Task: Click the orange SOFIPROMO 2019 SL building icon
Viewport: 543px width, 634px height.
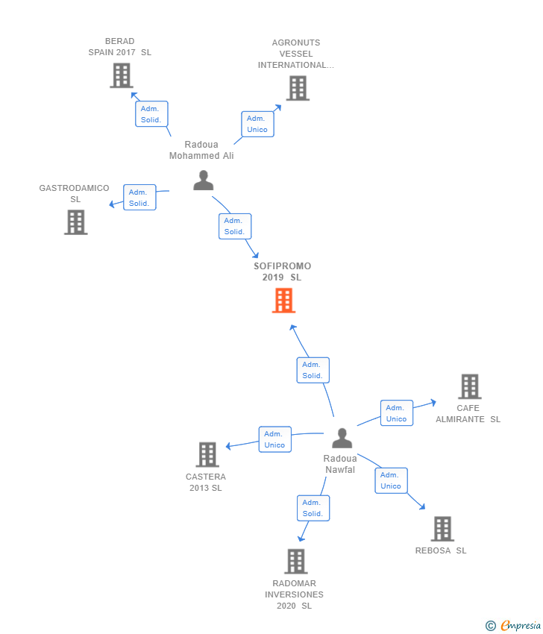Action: (x=283, y=300)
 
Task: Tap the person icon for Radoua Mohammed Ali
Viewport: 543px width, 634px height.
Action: (x=203, y=181)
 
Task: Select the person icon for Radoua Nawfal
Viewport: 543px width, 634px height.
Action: (x=342, y=438)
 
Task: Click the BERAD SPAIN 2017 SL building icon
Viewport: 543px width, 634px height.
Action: (x=121, y=75)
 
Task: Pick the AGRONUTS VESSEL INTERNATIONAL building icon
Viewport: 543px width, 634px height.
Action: (x=297, y=88)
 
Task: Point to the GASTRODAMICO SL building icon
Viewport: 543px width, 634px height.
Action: (x=75, y=222)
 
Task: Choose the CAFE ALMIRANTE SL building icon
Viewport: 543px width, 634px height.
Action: (x=469, y=386)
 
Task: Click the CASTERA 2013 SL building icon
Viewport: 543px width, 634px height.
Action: (x=207, y=454)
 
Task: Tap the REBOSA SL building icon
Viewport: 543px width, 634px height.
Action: (x=442, y=528)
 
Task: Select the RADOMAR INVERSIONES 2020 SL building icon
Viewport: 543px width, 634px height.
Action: (x=295, y=561)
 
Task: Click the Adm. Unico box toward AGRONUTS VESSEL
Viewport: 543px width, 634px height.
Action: (x=257, y=124)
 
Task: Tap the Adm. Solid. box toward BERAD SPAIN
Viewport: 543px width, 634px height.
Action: (x=151, y=114)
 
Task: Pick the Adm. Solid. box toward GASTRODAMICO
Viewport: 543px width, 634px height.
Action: (x=139, y=198)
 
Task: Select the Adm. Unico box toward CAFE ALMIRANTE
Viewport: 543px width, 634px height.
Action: (x=396, y=413)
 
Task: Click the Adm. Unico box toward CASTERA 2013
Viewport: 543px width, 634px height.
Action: (x=274, y=439)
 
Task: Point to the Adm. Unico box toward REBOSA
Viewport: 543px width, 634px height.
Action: (x=391, y=480)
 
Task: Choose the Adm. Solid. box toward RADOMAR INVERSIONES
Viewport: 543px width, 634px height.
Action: (x=313, y=508)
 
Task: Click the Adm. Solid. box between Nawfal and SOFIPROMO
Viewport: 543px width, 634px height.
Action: (x=313, y=370)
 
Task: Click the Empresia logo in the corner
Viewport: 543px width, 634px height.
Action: (x=514, y=626)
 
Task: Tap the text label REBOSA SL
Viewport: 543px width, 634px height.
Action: (x=441, y=550)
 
